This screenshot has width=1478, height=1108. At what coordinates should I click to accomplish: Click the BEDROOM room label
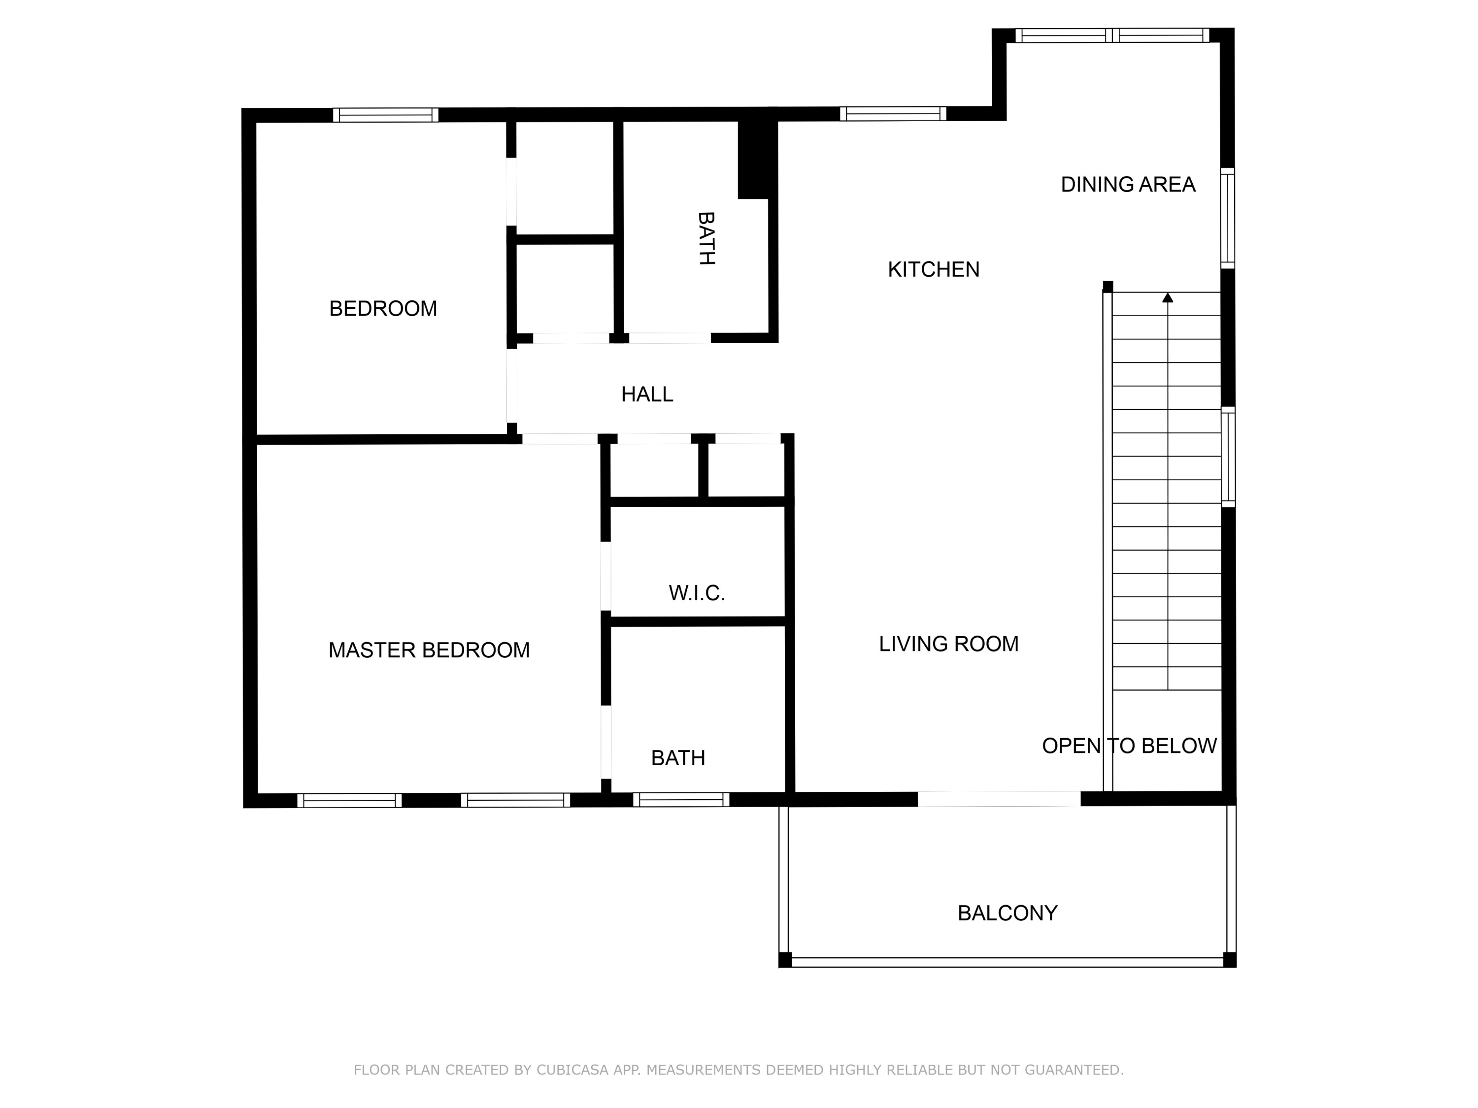[383, 309]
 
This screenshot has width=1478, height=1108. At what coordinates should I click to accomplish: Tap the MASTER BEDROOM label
[429, 650]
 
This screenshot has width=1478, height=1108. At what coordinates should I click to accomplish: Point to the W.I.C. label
[697, 593]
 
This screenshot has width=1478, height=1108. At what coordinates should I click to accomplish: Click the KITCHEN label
[934, 270]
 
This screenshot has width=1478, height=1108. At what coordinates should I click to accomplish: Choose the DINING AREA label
[1128, 184]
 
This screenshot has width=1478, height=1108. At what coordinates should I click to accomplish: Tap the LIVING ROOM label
[948, 644]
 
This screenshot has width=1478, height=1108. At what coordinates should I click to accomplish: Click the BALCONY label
[1007, 913]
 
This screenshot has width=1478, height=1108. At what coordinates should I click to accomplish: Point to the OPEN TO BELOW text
[1129, 746]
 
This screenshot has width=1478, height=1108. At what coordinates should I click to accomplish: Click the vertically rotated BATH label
[706, 238]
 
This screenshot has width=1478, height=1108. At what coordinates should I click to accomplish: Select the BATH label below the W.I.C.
[678, 758]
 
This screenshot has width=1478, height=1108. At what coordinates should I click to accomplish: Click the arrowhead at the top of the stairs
[1167, 298]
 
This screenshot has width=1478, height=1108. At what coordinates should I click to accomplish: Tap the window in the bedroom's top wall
[386, 115]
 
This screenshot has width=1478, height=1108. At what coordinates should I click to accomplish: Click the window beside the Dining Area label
[1227, 218]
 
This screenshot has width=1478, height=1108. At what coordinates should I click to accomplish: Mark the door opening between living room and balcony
[998, 799]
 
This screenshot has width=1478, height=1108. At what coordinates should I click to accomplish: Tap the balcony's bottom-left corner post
[785, 960]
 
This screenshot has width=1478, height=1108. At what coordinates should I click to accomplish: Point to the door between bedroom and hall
[512, 386]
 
